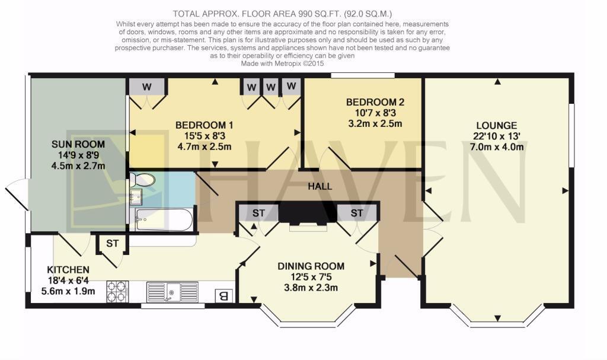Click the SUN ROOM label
[x=78, y=144]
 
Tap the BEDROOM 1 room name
[x=204, y=125]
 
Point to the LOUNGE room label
[x=496, y=126]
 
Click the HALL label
[x=320, y=186]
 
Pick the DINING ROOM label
[x=311, y=266]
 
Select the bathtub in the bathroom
[x=162, y=219]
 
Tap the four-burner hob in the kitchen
[x=117, y=292]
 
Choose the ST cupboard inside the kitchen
[x=113, y=243]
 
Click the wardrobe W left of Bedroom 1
[x=146, y=87]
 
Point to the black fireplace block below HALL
[x=308, y=212]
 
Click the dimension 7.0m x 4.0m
[x=496, y=147]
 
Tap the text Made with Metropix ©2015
[x=282, y=63]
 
